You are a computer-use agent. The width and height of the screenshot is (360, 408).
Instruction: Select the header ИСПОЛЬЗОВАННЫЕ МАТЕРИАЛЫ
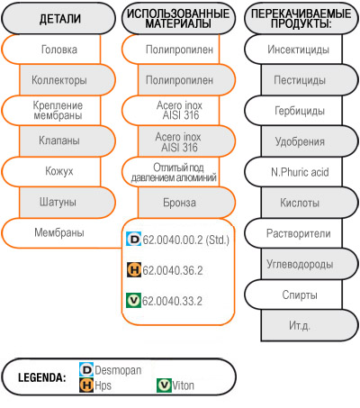pyautogui.click(x=178, y=19)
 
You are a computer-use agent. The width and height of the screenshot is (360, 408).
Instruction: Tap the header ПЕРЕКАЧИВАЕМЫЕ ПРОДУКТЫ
pyautogui.click(x=301, y=19)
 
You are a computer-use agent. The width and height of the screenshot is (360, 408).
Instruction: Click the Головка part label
pyautogui.click(x=59, y=50)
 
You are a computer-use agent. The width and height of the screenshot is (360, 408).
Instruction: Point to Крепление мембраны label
pyautogui.click(x=58, y=111)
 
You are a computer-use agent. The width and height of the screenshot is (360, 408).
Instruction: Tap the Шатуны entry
pyautogui.click(x=58, y=202)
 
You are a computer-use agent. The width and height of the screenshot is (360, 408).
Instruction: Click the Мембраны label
pyautogui.click(x=59, y=232)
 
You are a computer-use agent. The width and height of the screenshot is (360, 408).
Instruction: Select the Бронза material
pyautogui.click(x=179, y=203)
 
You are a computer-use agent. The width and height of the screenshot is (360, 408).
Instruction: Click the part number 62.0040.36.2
pyautogui.click(x=173, y=270)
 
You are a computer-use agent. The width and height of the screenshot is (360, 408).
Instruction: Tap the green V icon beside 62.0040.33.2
pyautogui.click(x=133, y=301)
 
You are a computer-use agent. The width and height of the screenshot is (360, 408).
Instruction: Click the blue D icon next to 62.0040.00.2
pyautogui.click(x=133, y=240)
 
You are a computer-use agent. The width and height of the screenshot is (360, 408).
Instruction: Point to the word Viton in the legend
pyautogui.click(x=183, y=385)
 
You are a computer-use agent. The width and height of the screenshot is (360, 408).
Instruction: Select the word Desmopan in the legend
pyautogui.click(x=118, y=370)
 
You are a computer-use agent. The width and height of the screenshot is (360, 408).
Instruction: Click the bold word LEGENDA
pyautogui.click(x=42, y=377)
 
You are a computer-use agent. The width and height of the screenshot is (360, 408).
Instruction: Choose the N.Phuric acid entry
pyautogui.click(x=300, y=172)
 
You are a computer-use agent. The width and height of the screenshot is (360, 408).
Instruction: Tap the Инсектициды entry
pyautogui.click(x=299, y=50)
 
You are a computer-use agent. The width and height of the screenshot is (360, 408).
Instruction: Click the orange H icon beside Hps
pyautogui.click(x=86, y=385)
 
